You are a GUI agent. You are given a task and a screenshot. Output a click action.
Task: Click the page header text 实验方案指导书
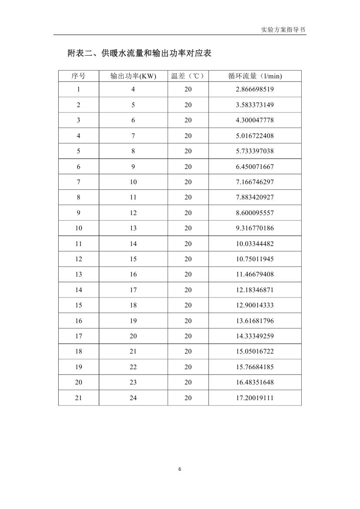(283, 30)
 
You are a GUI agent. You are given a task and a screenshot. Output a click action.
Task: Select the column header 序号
(78, 76)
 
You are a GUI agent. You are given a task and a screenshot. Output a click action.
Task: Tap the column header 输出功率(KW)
(133, 76)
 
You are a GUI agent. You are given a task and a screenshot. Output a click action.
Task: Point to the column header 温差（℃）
(188, 76)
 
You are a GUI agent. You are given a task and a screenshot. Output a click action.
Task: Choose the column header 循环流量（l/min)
(255, 76)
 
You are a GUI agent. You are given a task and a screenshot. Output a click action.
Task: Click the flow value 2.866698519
(255, 89)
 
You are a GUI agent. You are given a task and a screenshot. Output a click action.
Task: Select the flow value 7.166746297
(255, 182)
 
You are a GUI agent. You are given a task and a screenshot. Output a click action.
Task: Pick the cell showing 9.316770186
(255, 228)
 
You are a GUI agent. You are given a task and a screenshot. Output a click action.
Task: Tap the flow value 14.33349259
(255, 336)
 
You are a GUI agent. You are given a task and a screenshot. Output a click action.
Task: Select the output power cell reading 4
(133, 89)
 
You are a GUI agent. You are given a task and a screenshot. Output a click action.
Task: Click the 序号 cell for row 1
(78, 89)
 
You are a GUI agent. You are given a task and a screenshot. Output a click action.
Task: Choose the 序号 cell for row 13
(78, 274)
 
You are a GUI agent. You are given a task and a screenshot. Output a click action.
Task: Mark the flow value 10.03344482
(255, 244)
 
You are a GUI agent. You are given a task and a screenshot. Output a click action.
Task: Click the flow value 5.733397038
(255, 151)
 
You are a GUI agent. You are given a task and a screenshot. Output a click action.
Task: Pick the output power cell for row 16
(133, 321)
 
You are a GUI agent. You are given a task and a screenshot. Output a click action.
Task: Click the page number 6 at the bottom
(180, 469)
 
